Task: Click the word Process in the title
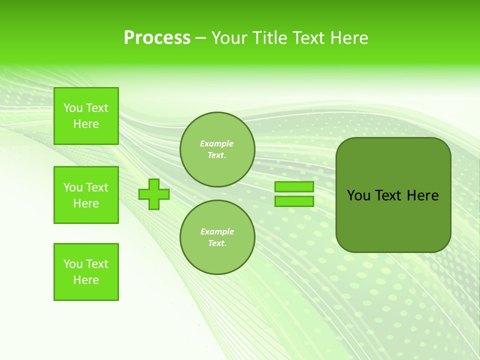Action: point(157,38)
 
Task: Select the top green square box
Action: point(86,116)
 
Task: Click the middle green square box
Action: point(86,195)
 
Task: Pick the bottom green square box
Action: point(86,272)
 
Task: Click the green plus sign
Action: point(154,194)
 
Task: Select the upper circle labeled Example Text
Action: point(217,149)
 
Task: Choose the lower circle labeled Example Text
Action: point(217,237)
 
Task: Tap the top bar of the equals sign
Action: point(294,187)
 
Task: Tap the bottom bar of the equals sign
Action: point(294,201)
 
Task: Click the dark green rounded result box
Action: point(393,220)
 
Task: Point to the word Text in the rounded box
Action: point(388,195)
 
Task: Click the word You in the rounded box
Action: point(358,195)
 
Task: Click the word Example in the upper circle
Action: point(217,144)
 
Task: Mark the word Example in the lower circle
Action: point(217,232)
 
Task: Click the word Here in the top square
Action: point(86,124)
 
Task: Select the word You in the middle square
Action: point(73,187)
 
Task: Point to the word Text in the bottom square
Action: point(97,264)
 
